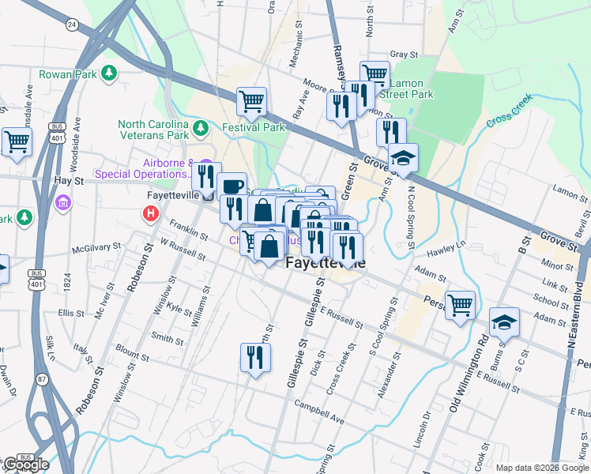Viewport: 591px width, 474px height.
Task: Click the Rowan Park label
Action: [70, 74]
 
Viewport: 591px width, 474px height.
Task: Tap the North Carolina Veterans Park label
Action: [153, 130]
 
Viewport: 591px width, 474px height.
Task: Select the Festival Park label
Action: [253, 127]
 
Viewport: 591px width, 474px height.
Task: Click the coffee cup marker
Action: [232, 186]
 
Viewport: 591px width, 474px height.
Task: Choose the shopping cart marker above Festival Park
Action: [251, 100]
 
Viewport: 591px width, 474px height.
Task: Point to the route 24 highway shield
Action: [72, 24]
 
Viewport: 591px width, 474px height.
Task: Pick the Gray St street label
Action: [403, 55]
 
